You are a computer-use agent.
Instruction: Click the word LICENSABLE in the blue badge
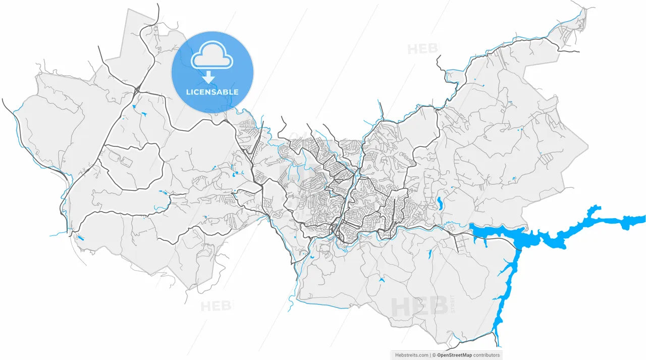[212, 92]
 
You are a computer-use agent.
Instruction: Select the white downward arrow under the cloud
[208, 77]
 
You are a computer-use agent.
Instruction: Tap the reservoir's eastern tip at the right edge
[640, 220]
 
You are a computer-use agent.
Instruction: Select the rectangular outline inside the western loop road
[125, 162]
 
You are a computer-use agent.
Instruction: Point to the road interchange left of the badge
[137, 90]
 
